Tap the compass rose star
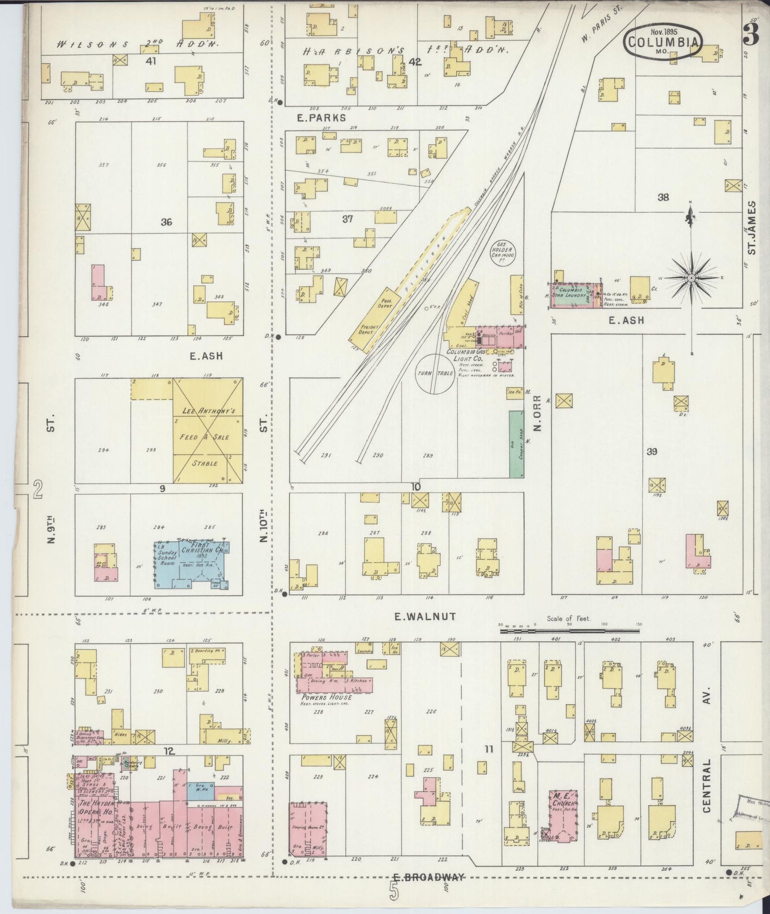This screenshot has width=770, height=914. (x=691, y=278)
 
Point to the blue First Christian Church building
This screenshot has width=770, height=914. (x=192, y=565)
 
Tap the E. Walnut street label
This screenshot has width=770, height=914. (x=425, y=616)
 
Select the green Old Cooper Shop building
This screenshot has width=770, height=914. (x=516, y=444)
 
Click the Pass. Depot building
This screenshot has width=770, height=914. (x=387, y=303)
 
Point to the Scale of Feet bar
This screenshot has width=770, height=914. (x=569, y=631)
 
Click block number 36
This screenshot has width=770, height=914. (x=166, y=222)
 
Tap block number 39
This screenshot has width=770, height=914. (x=651, y=452)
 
